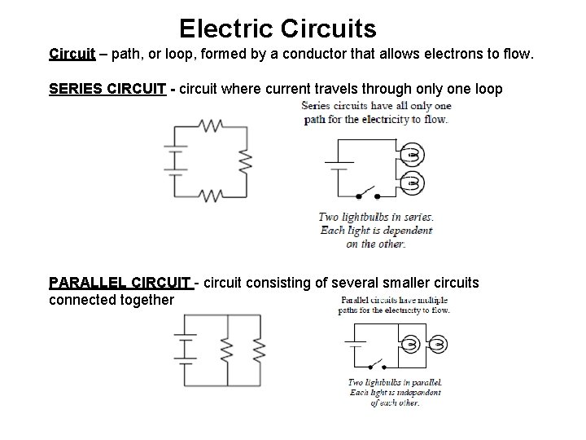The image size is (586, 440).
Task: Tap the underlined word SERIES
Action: (x=76, y=88)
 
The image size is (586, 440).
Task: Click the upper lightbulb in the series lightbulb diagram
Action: (x=413, y=154)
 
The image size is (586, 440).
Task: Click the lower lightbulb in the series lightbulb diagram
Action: (x=413, y=183)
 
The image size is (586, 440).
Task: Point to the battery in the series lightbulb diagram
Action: (x=338, y=161)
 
